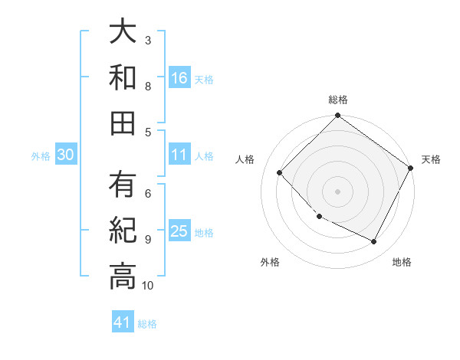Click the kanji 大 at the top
(123, 32)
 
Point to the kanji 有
(123, 185)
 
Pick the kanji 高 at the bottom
(123, 277)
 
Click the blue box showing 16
(179, 77)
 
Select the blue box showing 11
(179, 155)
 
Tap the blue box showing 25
(179, 231)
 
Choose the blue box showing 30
(66, 155)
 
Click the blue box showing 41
(123, 322)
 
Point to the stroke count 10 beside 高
(147, 286)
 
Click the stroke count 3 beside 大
(148, 40)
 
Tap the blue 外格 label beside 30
(41, 156)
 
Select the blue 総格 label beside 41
(147, 324)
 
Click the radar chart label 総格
(337, 100)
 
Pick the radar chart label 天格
(431, 159)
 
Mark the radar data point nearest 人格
(280, 173)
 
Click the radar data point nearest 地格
(374, 242)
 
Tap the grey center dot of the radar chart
(337, 191)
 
